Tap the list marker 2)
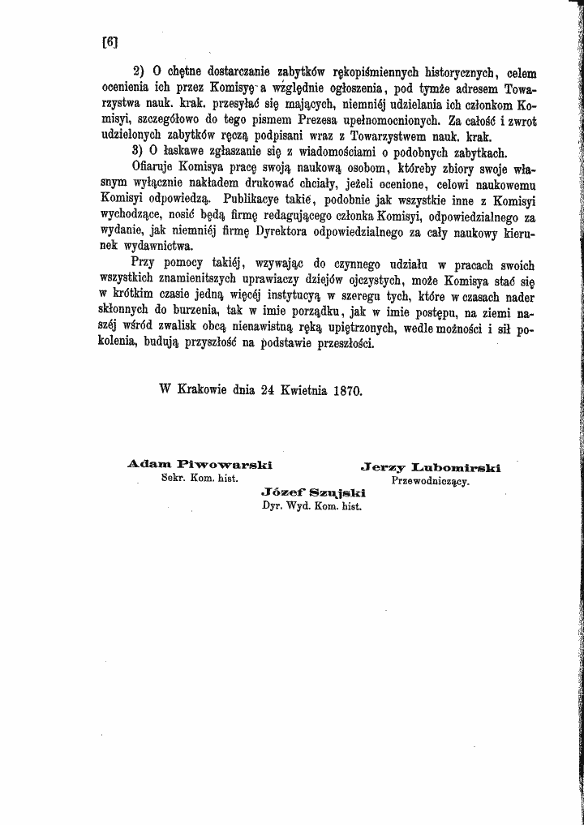[x=140, y=70]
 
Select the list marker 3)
[x=140, y=152]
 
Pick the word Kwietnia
[x=303, y=389]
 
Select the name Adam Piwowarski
[x=188, y=465]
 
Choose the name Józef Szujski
[x=313, y=492]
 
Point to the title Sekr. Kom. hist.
[x=200, y=479]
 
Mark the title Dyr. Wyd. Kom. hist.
[x=311, y=505]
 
